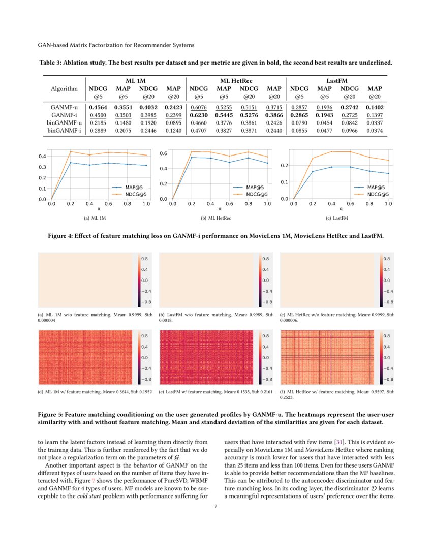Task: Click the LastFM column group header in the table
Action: (x=337, y=81)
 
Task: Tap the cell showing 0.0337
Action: (x=375, y=123)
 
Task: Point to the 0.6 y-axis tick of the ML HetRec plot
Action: (x=164, y=153)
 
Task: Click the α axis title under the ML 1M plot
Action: (x=99, y=208)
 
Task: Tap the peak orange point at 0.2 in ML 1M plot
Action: (x=71, y=151)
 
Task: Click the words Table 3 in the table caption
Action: (x=51, y=63)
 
